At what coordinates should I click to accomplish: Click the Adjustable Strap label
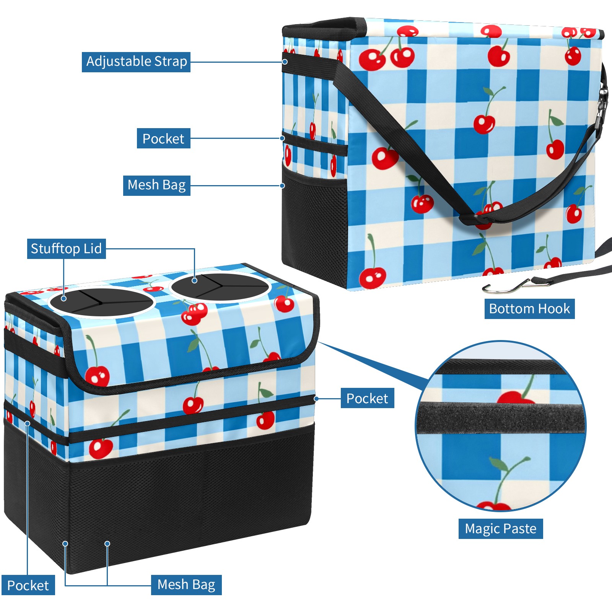click(x=136, y=62)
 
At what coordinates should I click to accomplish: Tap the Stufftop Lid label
click(x=66, y=249)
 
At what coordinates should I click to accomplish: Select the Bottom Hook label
click(x=529, y=309)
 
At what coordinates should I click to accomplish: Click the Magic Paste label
click(x=500, y=529)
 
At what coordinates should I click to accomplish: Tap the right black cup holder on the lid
click(x=220, y=286)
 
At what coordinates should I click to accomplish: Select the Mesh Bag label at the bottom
click(x=186, y=584)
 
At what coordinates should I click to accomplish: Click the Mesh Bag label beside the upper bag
click(x=156, y=185)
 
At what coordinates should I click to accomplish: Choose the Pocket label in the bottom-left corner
click(x=28, y=586)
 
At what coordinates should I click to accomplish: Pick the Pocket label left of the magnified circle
click(x=367, y=399)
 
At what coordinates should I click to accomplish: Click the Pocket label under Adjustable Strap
click(x=163, y=138)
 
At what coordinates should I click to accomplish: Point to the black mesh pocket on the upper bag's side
click(x=314, y=222)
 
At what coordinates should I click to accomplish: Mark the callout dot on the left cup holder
click(x=64, y=298)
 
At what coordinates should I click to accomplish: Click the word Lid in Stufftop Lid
click(x=93, y=249)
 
